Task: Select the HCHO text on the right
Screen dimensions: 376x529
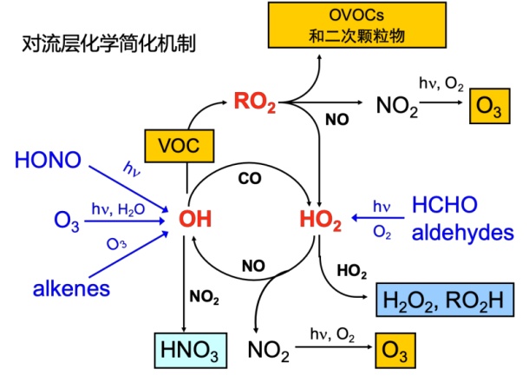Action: pyautogui.click(x=445, y=205)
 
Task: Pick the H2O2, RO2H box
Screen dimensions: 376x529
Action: pyautogui.click(x=440, y=300)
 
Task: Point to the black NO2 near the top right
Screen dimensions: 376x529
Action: pyautogui.click(x=398, y=106)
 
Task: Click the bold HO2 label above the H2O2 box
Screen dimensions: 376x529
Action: pyautogui.click(x=351, y=272)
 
